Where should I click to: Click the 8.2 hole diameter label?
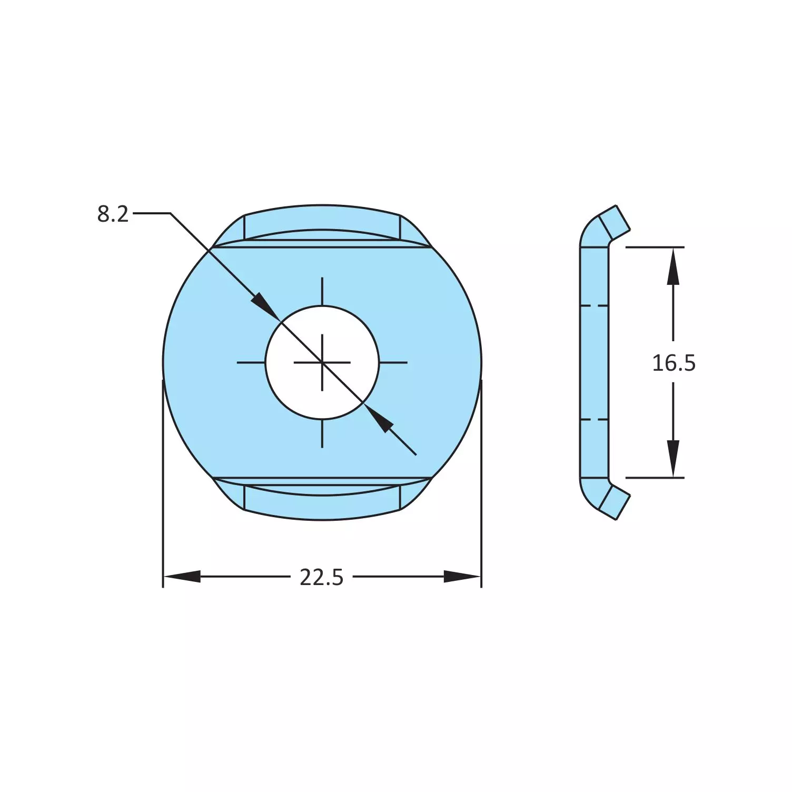click(x=113, y=214)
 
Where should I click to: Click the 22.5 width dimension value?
click(x=321, y=578)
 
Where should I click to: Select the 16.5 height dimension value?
click(x=674, y=363)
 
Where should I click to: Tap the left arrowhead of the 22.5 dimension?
click(x=182, y=577)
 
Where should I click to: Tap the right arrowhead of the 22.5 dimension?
click(x=462, y=577)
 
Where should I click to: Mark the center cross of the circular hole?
click(x=322, y=362)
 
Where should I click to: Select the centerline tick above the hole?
click(x=322, y=291)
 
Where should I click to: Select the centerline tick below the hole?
click(x=322, y=433)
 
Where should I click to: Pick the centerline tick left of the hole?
click(x=251, y=362)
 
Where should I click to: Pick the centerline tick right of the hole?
click(x=393, y=362)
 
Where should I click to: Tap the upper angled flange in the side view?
click(x=614, y=222)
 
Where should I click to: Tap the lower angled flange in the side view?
click(x=614, y=502)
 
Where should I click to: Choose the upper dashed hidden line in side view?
click(x=594, y=305)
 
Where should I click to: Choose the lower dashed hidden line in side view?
click(x=594, y=420)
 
